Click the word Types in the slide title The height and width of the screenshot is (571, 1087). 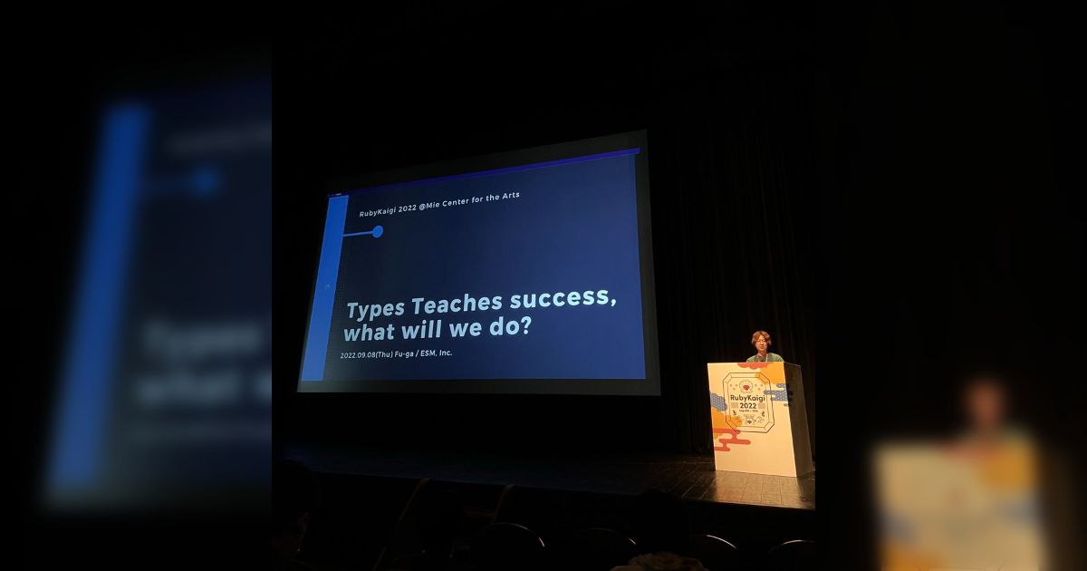coord(376,308)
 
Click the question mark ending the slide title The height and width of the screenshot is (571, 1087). coord(524,327)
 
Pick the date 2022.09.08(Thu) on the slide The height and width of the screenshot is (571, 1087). coord(366,354)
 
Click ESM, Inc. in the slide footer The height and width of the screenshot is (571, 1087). coord(433,353)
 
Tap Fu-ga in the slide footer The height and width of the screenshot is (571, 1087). coord(403,353)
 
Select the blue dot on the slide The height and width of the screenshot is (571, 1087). coord(378,231)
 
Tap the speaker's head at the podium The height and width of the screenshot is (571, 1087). coord(761,343)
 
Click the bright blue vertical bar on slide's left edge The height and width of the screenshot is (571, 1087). coord(313,290)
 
